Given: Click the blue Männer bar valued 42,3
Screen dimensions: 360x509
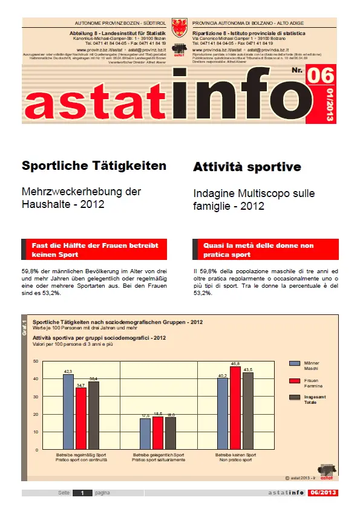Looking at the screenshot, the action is (68, 412).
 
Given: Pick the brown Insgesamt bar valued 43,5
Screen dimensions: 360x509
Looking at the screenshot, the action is (247, 411).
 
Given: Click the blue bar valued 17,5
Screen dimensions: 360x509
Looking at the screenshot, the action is (145, 433).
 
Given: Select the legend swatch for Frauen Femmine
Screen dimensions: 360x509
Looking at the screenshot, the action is (295, 381).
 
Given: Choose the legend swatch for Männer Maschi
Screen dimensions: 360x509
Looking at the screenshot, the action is (295, 364).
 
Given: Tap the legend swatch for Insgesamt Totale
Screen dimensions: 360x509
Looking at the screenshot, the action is (295, 397).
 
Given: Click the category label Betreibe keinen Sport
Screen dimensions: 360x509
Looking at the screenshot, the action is (235, 455).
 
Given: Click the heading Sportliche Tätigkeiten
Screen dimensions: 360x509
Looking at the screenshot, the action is (94, 165).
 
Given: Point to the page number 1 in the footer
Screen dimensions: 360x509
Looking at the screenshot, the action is (82, 493).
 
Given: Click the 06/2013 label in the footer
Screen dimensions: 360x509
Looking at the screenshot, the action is (322, 493).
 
